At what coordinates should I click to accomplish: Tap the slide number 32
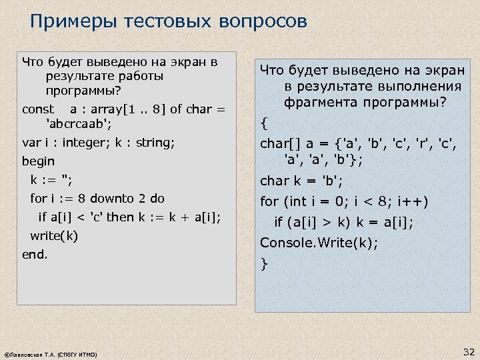(468, 351)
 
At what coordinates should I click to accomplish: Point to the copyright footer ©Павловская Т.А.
(51, 355)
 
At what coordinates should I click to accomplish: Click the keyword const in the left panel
(38, 109)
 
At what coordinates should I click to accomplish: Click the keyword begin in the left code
(38, 161)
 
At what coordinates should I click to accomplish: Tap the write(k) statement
(54, 235)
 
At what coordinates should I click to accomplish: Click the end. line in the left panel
(35, 254)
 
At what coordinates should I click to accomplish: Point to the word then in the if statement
(120, 217)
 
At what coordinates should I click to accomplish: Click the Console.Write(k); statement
(319, 243)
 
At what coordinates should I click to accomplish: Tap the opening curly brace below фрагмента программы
(265, 123)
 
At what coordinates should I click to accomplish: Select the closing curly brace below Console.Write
(265, 264)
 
